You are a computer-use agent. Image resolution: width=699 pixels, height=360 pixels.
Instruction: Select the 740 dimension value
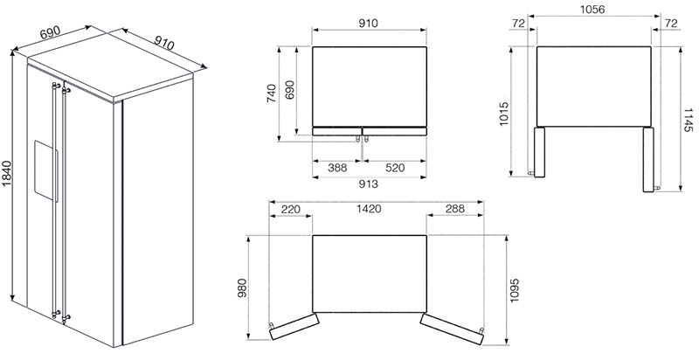click(271, 93)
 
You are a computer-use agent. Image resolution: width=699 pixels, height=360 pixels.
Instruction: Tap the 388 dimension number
click(337, 168)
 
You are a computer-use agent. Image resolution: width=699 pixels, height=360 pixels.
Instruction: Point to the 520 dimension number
click(395, 168)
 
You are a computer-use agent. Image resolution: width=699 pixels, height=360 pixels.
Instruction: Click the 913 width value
click(369, 183)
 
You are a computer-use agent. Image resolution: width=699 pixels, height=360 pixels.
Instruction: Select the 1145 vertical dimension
click(689, 120)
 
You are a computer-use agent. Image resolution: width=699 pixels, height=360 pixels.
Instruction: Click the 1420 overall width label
click(369, 209)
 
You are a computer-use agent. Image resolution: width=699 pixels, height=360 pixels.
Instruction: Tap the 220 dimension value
click(291, 209)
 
